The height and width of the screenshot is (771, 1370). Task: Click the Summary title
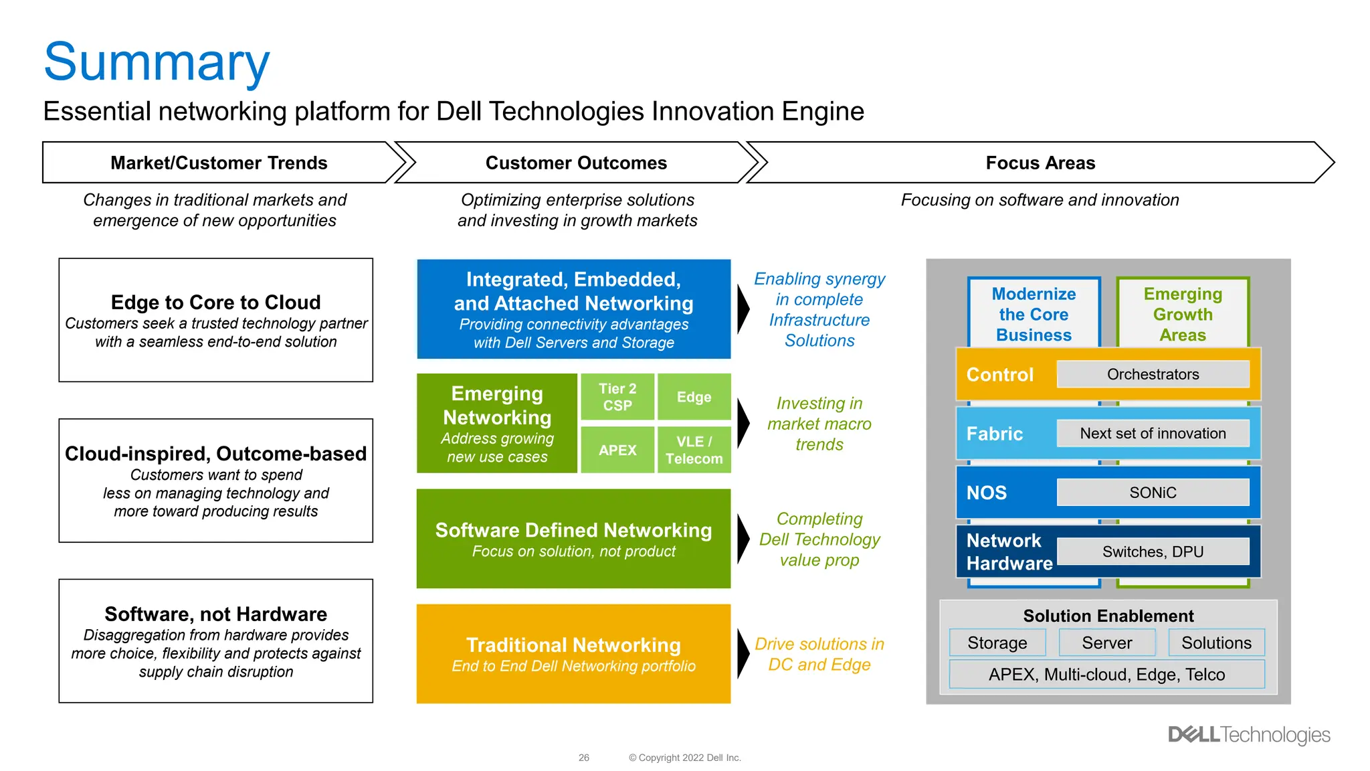coord(157,62)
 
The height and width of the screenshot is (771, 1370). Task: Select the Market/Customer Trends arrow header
coord(219,163)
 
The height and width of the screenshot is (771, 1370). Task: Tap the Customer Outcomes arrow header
coord(576,163)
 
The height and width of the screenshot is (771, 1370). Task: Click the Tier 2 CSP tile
coord(617,397)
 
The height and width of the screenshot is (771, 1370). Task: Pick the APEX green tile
coord(617,450)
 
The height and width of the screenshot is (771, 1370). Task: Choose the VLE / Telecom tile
coord(694,450)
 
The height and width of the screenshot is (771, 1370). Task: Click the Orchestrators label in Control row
coord(1153,374)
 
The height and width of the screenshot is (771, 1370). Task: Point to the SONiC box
coord(1153,493)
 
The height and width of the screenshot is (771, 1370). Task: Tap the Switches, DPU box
coord(1153,551)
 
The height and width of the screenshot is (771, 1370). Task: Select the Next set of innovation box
coord(1153,434)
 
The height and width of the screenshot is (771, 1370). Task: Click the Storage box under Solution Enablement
coord(997,642)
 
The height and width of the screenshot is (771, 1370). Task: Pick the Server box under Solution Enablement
coord(1107,642)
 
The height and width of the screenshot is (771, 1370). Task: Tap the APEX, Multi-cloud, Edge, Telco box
coord(1106,675)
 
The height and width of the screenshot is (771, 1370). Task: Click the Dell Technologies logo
coord(1249,735)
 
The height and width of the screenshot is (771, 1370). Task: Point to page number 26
coord(584,758)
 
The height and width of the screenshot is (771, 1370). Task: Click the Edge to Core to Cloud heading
coord(215,303)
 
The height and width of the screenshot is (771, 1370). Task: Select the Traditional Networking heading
coord(573,645)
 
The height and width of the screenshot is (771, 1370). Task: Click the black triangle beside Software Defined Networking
coord(743,539)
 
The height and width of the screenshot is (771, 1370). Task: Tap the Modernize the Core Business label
coord(1034,315)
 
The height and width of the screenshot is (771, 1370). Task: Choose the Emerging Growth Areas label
coord(1183,315)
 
